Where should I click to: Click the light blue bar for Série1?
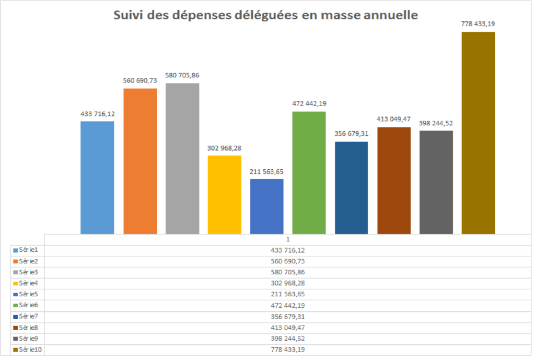click(x=97, y=177)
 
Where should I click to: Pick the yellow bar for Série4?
click(x=225, y=194)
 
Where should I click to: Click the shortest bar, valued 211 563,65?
click(x=267, y=206)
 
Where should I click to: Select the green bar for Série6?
click(x=309, y=172)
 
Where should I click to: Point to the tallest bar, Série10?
click(x=478, y=133)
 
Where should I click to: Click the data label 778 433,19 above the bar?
click(x=478, y=24)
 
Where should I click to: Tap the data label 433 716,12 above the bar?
click(x=98, y=113)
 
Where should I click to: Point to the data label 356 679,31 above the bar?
click(x=351, y=133)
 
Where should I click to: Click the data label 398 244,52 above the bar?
click(x=436, y=123)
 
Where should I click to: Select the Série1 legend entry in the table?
click(x=25, y=250)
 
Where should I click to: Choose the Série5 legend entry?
click(x=25, y=294)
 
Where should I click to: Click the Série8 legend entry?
click(x=25, y=328)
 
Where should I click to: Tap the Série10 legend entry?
click(x=27, y=350)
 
